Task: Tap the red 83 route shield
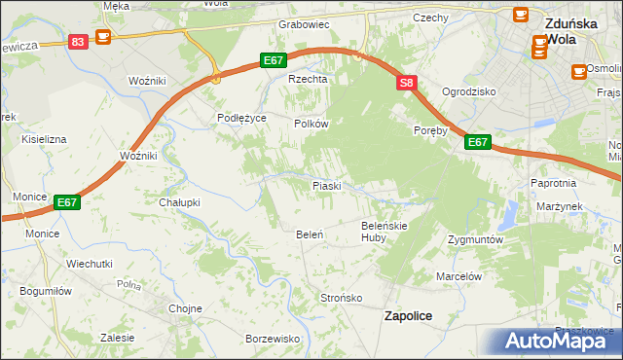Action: tap(79, 41)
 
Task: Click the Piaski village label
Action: tap(325, 185)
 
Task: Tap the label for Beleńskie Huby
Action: tap(384, 231)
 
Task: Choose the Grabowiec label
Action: tap(304, 24)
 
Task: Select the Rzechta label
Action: tap(305, 80)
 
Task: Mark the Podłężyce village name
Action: tap(240, 116)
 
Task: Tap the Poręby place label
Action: tap(429, 129)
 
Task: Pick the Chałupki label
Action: tap(179, 202)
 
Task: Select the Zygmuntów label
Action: tap(475, 239)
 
